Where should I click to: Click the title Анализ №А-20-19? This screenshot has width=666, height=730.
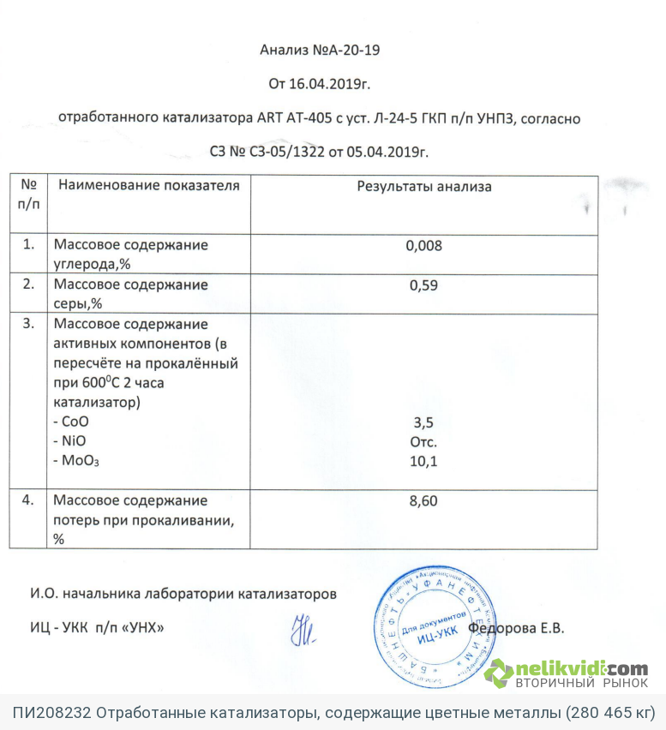pyautogui.click(x=319, y=50)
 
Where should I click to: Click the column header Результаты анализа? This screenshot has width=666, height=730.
pyautogui.click(x=423, y=186)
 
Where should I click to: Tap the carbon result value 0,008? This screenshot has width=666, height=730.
pyautogui.click(x=423, y=246)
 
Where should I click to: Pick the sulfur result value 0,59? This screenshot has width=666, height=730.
pyautogui.click(x=423, y=285)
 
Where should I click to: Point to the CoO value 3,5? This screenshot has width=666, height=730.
pyautogui.click(x=423, y=422)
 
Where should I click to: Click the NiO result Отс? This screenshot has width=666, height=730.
pyautogui.click(x=423, y=442)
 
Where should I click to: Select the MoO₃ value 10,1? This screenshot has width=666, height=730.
pyautogui.click(x=423, y=462)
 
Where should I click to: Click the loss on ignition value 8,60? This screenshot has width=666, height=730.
pyautogui.click(x=423, y=501)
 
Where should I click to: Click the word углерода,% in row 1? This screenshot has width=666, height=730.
pyautogui.click(x=90, y=264)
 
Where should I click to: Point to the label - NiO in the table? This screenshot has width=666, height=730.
pyautogui.click(x=70, y=442)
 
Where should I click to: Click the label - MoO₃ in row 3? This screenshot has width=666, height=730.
pyautogui.click(x=75, y=462)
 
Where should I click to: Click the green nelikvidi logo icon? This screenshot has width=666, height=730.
pyautogui.click(x=499, y=673)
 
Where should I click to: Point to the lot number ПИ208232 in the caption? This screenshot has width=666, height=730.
pyautogui.click(x=50, y=713)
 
